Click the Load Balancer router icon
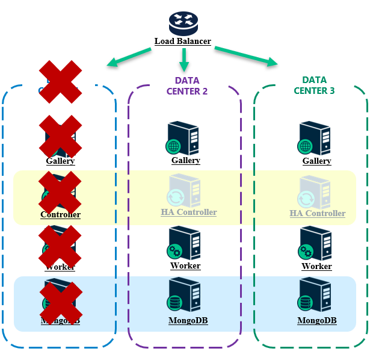(183, 22)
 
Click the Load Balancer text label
(183, 42)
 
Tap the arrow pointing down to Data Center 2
(184, 58)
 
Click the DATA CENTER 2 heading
(187, 85)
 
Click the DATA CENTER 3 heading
(314, 85)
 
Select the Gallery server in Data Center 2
(184, 139)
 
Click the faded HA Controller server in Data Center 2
(184, 191)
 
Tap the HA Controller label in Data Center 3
(318, 213)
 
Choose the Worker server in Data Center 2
(184, 243)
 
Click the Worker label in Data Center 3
(316, 266)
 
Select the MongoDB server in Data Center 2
(184, 296)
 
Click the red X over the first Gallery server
(60, 137)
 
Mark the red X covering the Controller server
(60, 192)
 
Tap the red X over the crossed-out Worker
(60, 246)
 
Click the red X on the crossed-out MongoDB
(60, 302)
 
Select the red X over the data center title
(60, 81)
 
